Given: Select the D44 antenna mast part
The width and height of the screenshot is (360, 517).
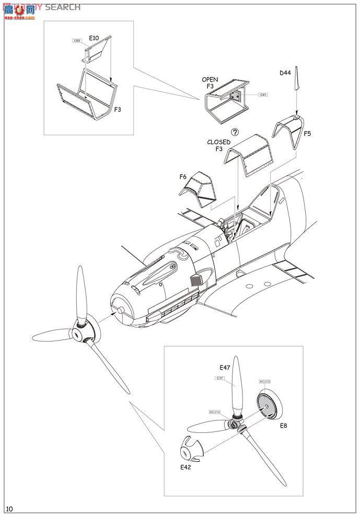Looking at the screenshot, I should click(x=296, y=78).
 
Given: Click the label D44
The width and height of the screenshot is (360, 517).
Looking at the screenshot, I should click(x=285, y=73).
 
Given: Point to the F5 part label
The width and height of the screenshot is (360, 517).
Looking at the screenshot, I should click(x=307, y=134).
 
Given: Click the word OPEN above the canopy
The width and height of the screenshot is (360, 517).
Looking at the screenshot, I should click(x=210, y=80).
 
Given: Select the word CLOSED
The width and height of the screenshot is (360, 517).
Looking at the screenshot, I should click(x=219, y=142).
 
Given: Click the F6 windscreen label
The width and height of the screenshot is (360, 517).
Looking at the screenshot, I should click(x=183, y=177).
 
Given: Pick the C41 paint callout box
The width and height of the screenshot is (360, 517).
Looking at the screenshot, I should click(x=263, y=95).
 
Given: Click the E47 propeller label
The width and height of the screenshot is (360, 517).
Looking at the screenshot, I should click(x=225, y=367).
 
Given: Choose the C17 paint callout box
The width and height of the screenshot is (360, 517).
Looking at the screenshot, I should click(x=219, y=378).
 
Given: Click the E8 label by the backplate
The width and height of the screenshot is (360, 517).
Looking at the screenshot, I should click(x=283, y=426).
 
